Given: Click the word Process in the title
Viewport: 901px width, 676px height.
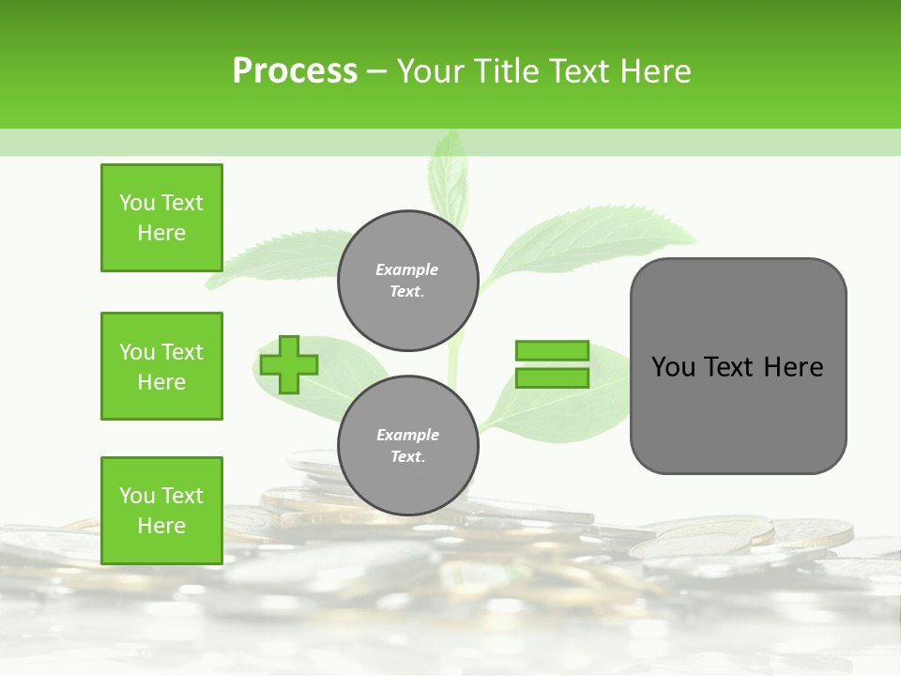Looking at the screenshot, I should (x=295, y=71).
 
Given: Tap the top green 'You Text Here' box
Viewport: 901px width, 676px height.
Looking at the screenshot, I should (x=161, y=218).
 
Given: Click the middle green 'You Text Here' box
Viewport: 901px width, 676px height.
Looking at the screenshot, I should (x=161, y=366).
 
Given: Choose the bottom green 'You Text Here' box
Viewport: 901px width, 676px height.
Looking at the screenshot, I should (x=161, y=510).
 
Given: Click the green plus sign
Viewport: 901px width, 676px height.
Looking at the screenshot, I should (x=289, y=364).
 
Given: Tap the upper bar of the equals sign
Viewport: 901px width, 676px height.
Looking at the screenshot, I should (x=552, y=351).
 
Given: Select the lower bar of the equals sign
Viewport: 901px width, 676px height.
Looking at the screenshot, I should (x=552, y=378).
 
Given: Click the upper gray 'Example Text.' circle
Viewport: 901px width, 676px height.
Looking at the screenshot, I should (x=408, y=281).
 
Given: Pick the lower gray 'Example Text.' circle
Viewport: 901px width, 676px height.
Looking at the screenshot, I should (x=408, y=446).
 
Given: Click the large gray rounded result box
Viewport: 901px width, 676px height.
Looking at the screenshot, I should (x=738, y=413).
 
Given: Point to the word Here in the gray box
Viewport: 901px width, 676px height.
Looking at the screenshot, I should (x=793, y=367).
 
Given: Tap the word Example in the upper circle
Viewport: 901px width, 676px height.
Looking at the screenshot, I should (x=407, y=270).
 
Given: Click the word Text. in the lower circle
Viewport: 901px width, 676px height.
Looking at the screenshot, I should (x=407, y=457).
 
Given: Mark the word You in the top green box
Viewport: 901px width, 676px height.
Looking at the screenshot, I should (x=136, y=203).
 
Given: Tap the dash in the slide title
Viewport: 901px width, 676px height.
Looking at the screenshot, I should (x=376, y=71).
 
